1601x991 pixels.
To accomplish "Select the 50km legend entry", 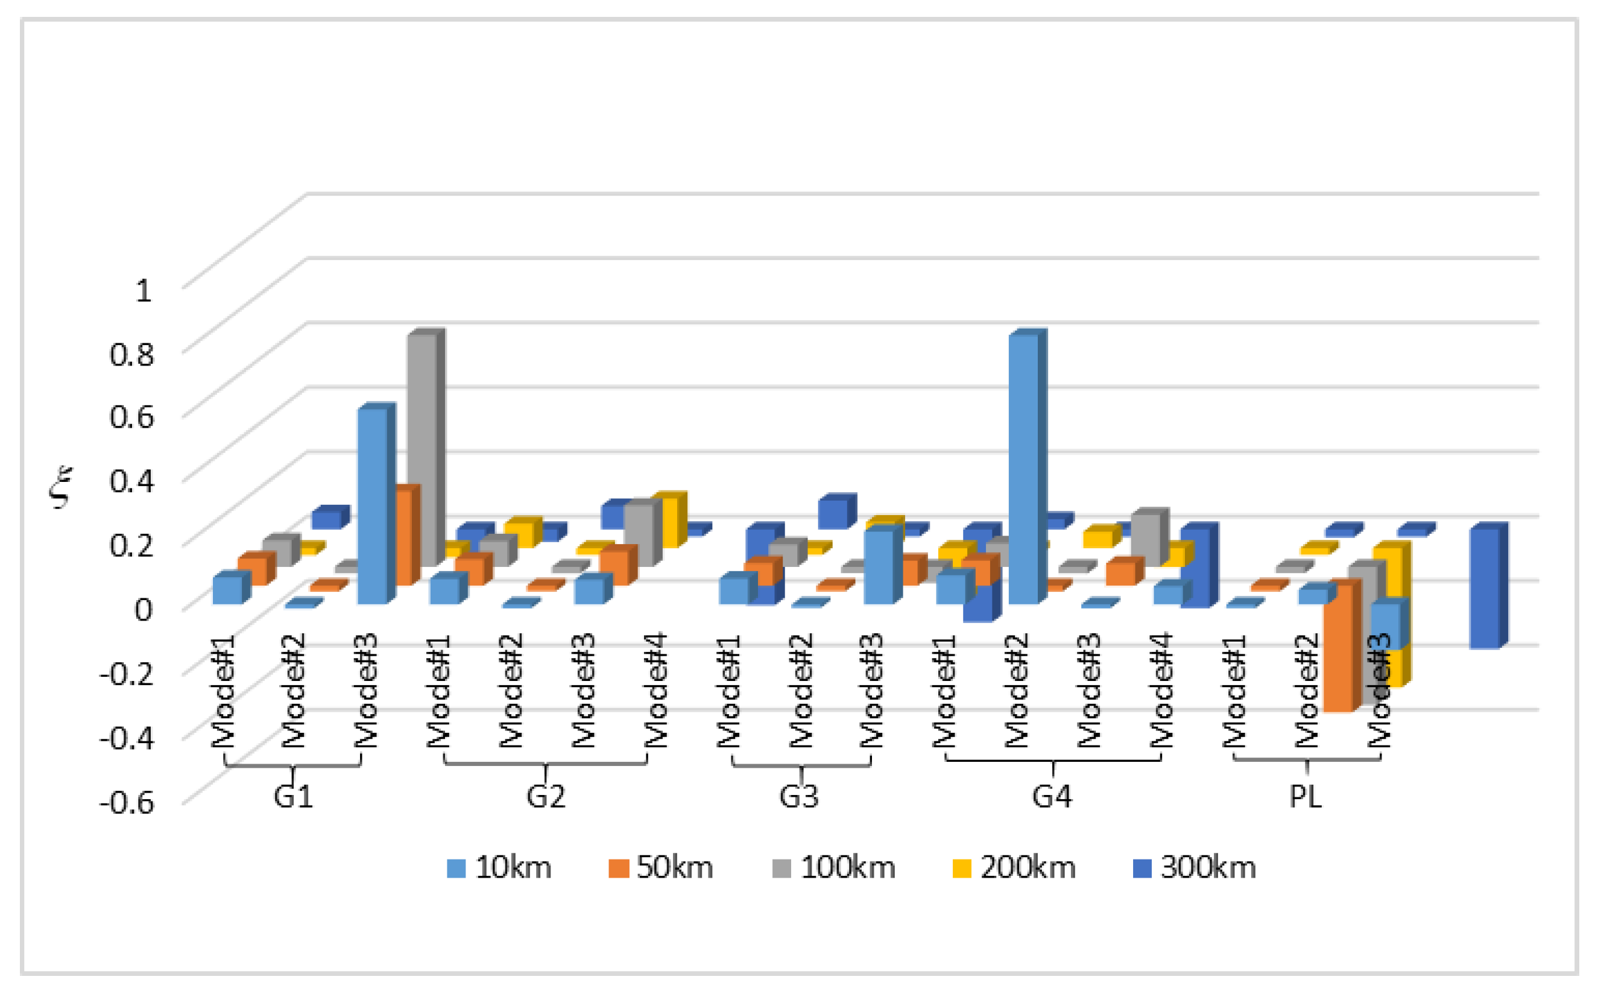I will pyautogui.click(x=661, y=868).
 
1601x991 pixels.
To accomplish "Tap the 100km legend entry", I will pyautogui.click(x=834, y=868).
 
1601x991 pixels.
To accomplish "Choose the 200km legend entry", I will pyautogui.click(x=1014, y=868).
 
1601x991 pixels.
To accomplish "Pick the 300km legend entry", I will pyautogui.click(x=1194, y=868).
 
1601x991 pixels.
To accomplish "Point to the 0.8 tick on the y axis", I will pyautogui.click(x=131, y=354).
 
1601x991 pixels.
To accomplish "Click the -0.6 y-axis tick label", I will pyautogui.click(x=127, y=802).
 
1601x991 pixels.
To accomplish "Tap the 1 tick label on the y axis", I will pyautogui.click(x=144, y=290).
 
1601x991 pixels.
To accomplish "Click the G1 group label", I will pyautogui.click(x=293, y=796).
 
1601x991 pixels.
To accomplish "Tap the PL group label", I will pyautogui.click(x=1306, y=796).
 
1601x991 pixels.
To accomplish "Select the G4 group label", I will pyautogui.click(x=1052, y=796).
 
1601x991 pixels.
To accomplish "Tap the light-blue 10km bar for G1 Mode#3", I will pyautogui.click(x=372, y=505).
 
